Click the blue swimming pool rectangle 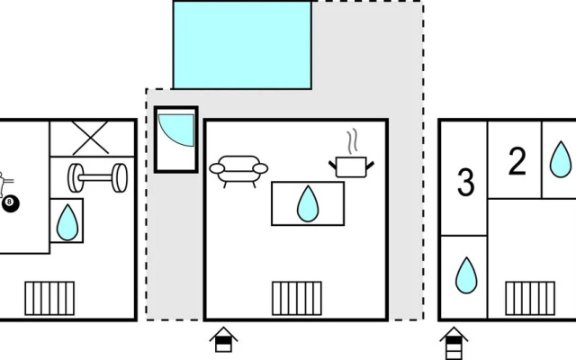coord(242,45)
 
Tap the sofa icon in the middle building coord(238,171)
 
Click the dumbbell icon coord(98,178)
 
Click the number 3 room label coord(466,183)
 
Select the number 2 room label coord(517,161)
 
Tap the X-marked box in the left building coord(92,138)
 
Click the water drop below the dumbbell coord(67,222)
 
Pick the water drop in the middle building coord(308,203)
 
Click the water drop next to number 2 coord(561,159)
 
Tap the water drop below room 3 coord(466,275)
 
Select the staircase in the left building coord(49,298)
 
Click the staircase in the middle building coord(297,298)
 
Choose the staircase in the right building coord(530,298)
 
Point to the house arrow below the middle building coord(224,339)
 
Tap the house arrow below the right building coord(454,343)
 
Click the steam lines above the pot coord(352,141)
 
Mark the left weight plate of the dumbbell coord(76,178)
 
